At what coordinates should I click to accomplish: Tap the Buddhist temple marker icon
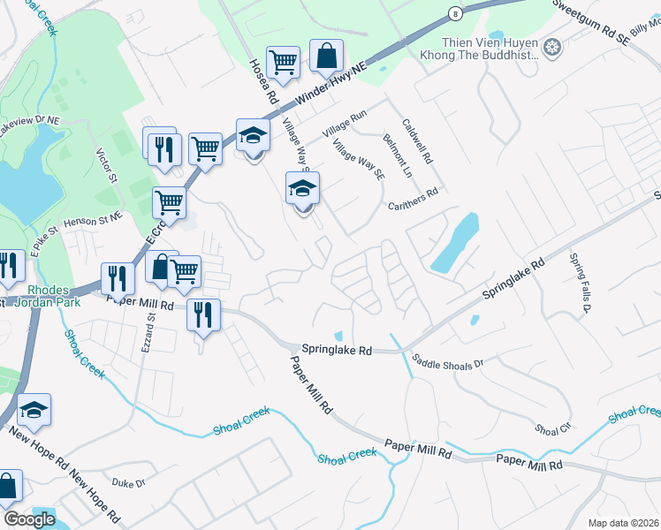tap(552, 47)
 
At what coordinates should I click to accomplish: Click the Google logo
tap(29, 519)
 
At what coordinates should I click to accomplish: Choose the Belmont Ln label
tap(396, 155)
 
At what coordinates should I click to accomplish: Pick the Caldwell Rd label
tap(416, 142)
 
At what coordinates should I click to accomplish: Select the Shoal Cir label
tap(553, 429)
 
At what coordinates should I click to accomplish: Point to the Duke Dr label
tap(127, 482)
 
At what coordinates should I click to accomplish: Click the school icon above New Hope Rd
tap(34, 410)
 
